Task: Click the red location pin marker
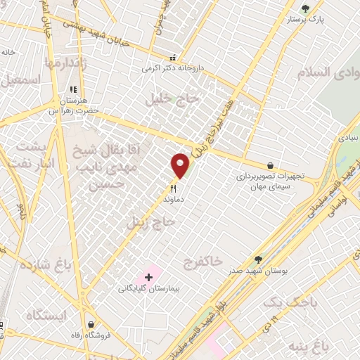tap(181, 165)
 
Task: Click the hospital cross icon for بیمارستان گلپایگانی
tap(148, 278)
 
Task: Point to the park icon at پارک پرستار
tap(304, 8)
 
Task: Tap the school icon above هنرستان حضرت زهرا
tap(72, 90)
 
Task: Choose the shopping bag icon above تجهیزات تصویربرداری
tap(271, 165)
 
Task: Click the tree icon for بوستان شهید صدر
tap(258, 259)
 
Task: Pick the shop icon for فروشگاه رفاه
tap(91, 324)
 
